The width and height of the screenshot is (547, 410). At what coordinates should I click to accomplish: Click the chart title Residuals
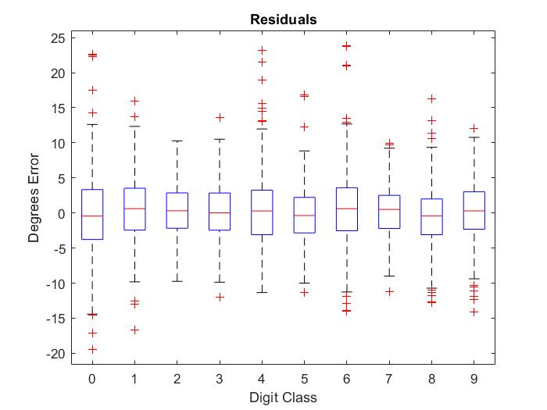coord(283,20)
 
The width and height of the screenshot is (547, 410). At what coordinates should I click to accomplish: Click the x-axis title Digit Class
coord(283,397)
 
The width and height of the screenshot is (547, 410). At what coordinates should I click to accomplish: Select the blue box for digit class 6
coord(347,209)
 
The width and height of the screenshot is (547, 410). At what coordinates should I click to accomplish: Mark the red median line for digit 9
coord(474,211)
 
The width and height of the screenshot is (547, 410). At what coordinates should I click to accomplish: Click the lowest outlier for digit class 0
coord(92,349)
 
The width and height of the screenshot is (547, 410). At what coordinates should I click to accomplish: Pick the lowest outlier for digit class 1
coord(134,330)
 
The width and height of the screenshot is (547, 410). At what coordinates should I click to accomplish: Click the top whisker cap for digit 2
coord(177,141)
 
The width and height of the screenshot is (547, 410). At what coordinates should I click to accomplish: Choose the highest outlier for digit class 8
coord(431,98)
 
